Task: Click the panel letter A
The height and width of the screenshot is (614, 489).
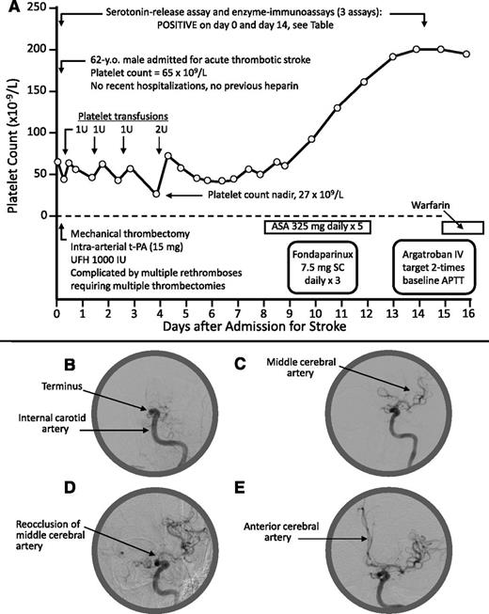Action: [x=9, y=8]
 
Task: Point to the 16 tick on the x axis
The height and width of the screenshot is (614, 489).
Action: [x=467, y=314]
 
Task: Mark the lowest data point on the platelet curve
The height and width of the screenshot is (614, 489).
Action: [x=156, y=194]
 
